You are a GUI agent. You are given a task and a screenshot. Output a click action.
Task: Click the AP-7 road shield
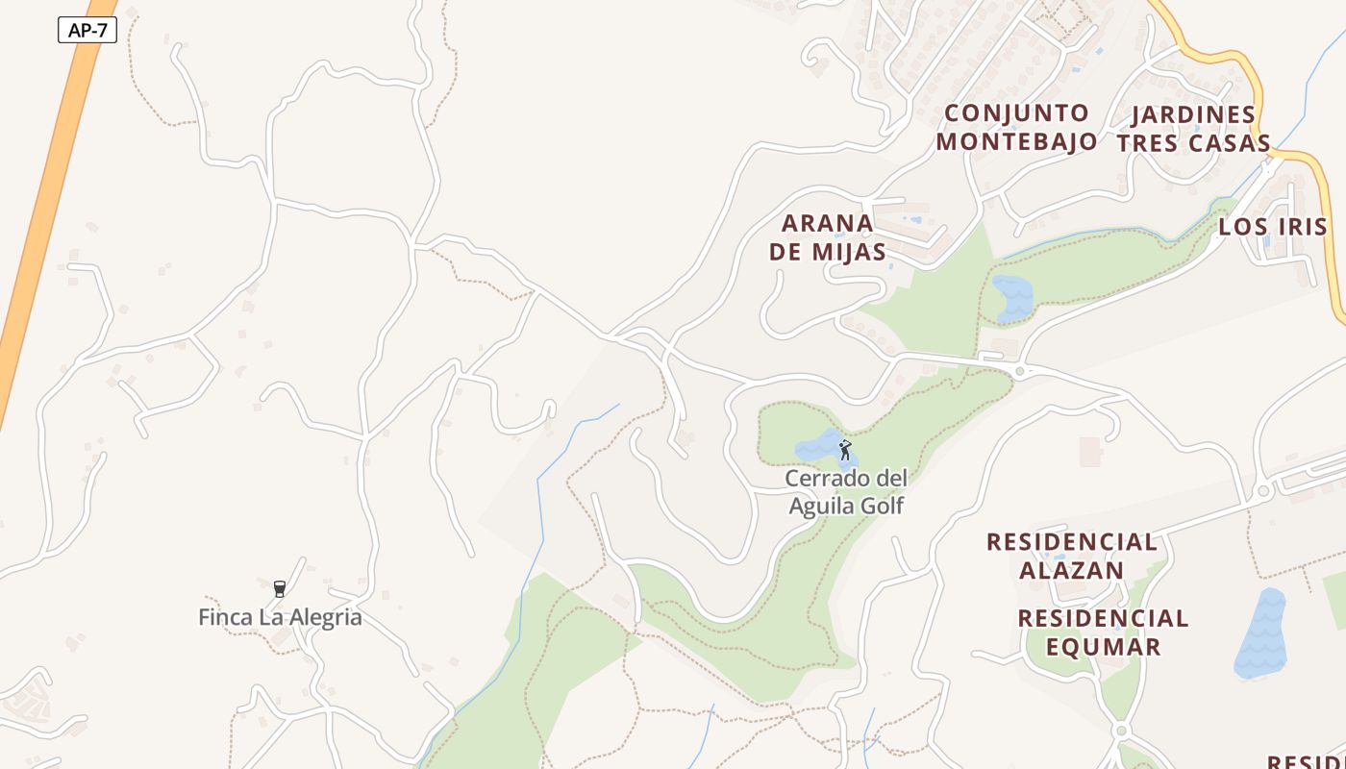click(87, 30)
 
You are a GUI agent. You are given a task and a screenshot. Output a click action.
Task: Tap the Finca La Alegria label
click(280, 617)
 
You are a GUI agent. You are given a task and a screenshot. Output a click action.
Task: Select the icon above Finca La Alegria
click(280, 588)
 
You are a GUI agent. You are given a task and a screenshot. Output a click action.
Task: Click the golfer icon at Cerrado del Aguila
click(845, 450)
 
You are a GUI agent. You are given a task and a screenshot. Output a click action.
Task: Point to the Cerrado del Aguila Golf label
click(846, 491)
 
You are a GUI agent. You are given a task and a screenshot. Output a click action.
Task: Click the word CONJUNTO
click(1016, 113)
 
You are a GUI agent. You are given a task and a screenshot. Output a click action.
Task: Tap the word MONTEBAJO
click(1016, 141)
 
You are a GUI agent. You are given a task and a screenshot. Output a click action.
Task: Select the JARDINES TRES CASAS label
click(1193, 129)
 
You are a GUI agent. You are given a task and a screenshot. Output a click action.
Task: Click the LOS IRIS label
click(1273, 227)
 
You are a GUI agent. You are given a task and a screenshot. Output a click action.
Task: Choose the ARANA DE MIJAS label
click(828, 237)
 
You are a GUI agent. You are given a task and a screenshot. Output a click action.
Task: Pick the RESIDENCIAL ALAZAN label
click(1072, 556)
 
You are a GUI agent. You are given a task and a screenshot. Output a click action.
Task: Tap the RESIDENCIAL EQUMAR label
click(1103, 632)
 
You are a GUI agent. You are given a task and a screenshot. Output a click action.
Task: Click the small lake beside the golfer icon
click(816, 447)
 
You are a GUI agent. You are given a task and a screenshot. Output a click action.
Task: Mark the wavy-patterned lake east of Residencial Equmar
click(1260, 634)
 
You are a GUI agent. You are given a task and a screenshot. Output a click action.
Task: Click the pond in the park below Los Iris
click(1012, 296)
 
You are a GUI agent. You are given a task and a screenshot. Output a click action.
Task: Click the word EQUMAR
click(1103, 646)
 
